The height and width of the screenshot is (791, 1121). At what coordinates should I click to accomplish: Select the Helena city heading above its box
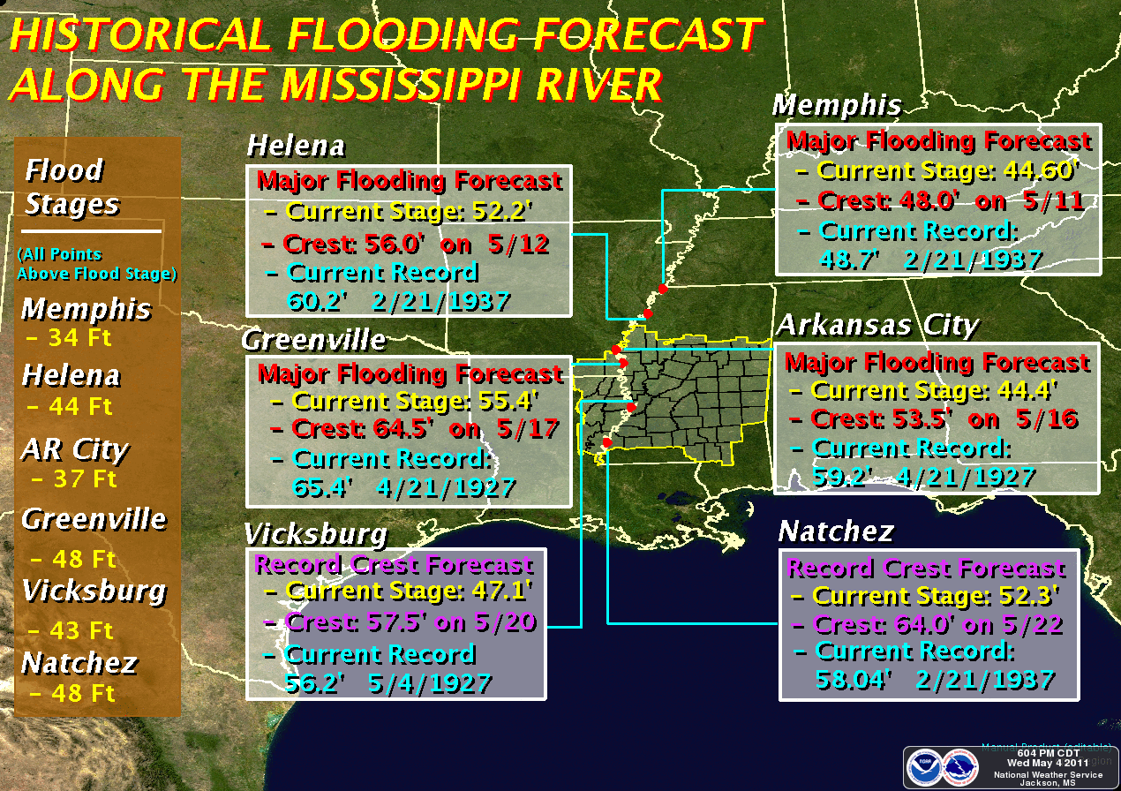[x=296, y=145]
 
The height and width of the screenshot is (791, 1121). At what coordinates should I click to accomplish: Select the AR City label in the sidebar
[x=75, y=450]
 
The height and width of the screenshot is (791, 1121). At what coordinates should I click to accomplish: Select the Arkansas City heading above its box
[x=877, y=326]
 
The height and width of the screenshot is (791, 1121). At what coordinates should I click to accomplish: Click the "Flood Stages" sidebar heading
[x=71, y=186]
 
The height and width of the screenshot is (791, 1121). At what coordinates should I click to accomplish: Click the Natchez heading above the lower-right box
[x=836, y=531]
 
